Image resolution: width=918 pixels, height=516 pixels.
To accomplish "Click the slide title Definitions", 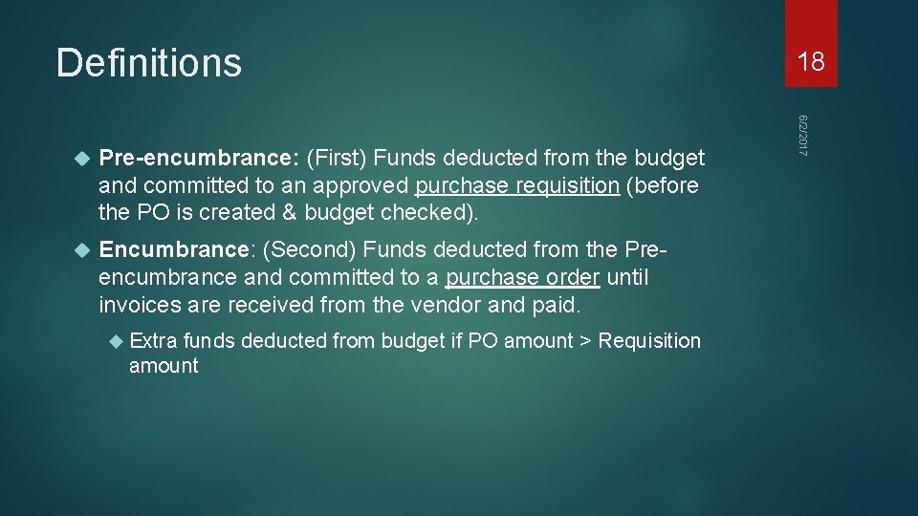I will [x=148, y=63].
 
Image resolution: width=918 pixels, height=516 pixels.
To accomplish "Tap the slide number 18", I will [x=811, y=63].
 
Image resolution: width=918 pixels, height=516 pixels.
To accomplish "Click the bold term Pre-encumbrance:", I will [x=201, y=158].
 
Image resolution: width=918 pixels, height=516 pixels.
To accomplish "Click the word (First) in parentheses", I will [x=339, y=158].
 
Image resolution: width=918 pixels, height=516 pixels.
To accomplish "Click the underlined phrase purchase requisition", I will [x=517, y=185].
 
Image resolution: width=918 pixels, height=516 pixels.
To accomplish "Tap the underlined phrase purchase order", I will [x=522, y=278].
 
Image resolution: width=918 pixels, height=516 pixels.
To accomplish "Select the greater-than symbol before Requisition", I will [x=584, y=341].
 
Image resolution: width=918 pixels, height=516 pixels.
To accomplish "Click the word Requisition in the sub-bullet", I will [x=649, y=341].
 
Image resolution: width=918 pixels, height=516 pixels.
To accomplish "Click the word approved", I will [x=362, y=185].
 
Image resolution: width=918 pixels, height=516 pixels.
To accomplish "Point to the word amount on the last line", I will [x=164, y=366].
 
